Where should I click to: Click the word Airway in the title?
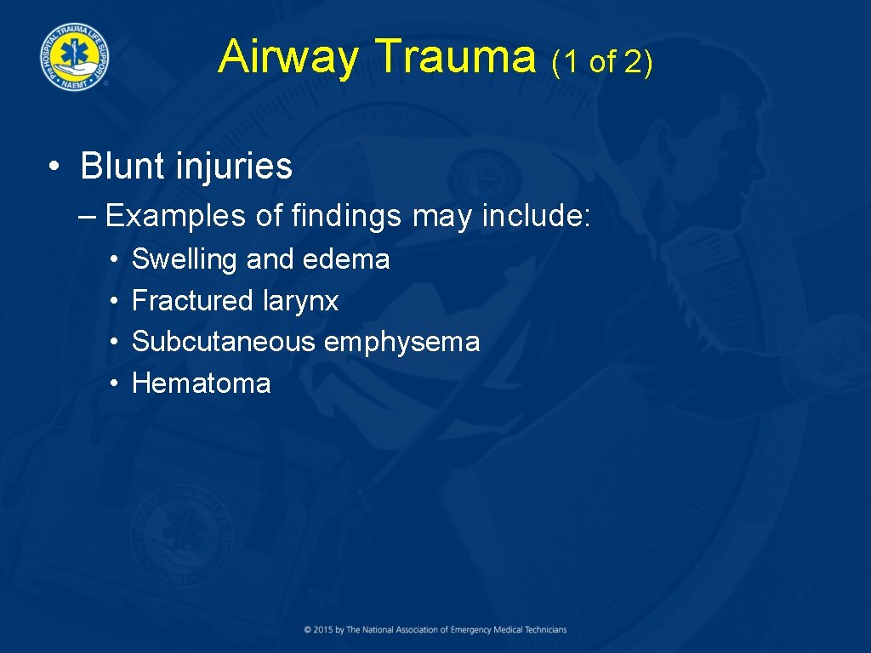click(287, 58)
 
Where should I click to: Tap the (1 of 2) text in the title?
click(601, 61)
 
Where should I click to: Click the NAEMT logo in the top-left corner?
click(73, 54)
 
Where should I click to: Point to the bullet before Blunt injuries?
click(54, 168)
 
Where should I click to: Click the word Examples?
click(175, 217)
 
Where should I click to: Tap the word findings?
click(345, 217)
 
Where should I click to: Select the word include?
click(535, 216)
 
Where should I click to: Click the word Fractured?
click(192, 301)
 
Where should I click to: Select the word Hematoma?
click(201, 383)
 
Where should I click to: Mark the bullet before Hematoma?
click(114, 384)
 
